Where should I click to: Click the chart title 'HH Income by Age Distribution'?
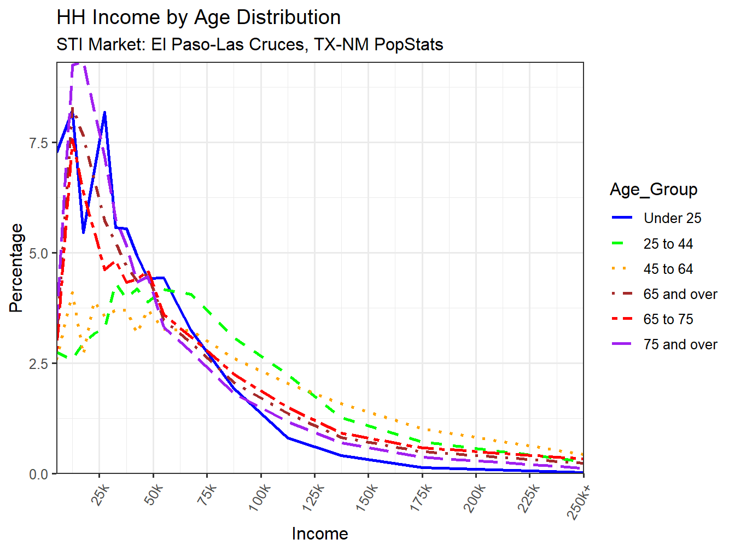point(199,17)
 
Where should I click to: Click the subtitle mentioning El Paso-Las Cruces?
point(249,44)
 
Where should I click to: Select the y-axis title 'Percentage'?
point(16,268)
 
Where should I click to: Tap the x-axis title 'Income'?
point(319,534)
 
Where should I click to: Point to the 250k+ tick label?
point(580,501)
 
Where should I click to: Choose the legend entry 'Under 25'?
point(672,218)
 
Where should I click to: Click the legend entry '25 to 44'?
point(668,244)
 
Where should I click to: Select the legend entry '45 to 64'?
point(668,269)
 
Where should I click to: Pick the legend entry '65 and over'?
point(680,294)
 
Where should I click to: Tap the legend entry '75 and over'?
point(680,344)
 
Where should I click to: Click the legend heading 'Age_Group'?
point(654,190)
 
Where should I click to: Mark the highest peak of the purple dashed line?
point(77,63)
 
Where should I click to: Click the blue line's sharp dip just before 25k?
point(83,233)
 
